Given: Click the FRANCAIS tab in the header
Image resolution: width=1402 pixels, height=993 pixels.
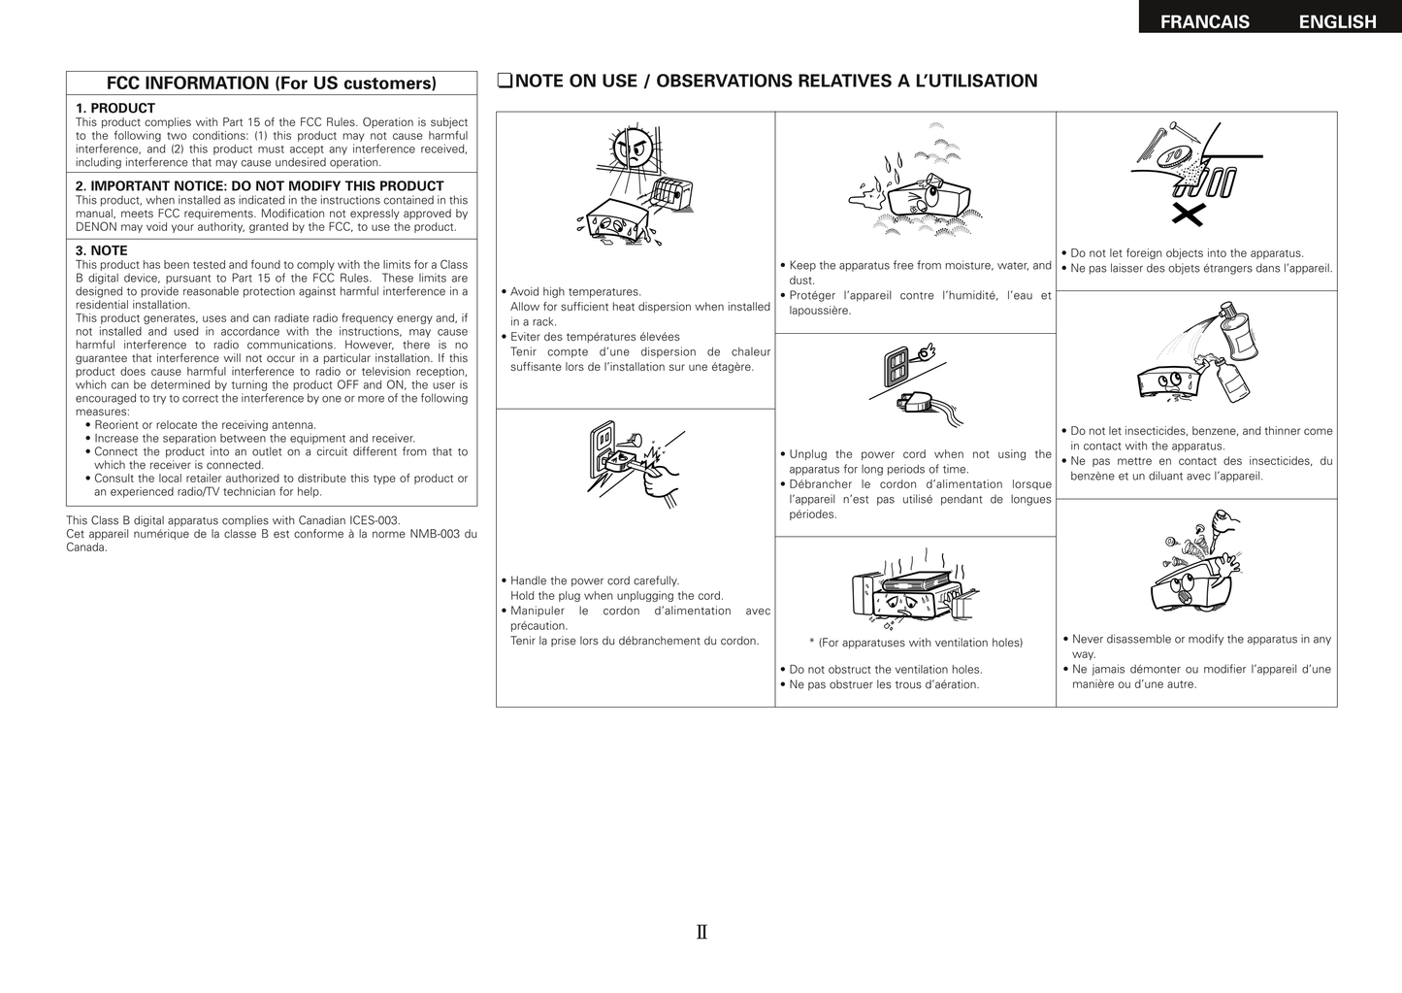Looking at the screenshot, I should pyautogui.click(x=1204, y=21).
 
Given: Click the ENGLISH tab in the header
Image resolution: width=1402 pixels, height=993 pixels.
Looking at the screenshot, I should pyautogui.click(x=1337, y=21).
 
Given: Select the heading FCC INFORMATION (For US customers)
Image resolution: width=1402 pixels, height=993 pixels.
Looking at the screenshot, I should pyautogui.click(x=271, y=83).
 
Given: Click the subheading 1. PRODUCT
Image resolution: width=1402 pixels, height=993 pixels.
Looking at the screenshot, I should pyautogui.click(x=115, y=108).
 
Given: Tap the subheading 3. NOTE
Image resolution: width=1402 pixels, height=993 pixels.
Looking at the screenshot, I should pyautogui.click(x=101, y=250).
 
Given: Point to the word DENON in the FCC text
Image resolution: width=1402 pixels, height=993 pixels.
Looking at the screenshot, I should pyautogui.click(x=97, y=227).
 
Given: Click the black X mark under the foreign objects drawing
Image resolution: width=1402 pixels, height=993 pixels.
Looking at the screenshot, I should pyautogui.click(x=1189, y=215).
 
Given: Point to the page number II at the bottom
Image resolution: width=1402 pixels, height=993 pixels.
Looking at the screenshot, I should pyautogui.click(x=701, y=933).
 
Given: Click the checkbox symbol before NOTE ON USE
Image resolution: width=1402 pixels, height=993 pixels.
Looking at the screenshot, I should pyautogui.click(x=504, y=82).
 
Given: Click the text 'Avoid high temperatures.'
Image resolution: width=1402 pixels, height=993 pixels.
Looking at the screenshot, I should pyautogui.click(x=575, y=291).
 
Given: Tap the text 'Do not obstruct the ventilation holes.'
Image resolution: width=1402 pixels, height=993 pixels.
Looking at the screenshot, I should pyautogui.click(x=885, y=669).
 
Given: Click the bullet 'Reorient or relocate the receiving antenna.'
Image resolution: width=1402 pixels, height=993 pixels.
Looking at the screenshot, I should pyautogui.click(x=205, y=425).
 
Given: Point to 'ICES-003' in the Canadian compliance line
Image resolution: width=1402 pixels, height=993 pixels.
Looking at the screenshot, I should pyautogui.click(x=375, y=520).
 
